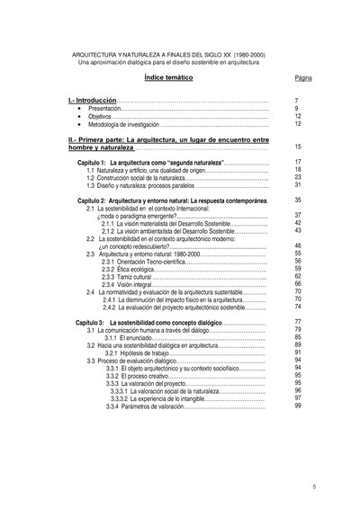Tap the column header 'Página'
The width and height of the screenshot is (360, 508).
(302, 78)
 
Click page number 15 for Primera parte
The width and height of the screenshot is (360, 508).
(297, 147)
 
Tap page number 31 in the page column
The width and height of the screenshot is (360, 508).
(297, 184)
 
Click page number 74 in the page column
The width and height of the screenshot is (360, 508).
(297, 307)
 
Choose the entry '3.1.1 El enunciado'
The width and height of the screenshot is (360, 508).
(131, 337)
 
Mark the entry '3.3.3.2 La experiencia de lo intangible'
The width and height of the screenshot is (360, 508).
(164, 398)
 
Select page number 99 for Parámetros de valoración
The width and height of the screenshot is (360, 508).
(297, 406)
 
